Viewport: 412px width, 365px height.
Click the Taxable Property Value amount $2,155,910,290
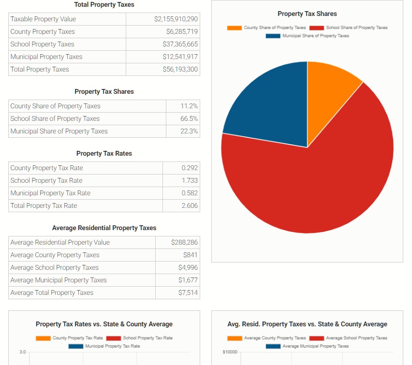point(176,19)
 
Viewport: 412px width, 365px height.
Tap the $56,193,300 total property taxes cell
point(180,69)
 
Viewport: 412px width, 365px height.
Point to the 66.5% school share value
point(189,118)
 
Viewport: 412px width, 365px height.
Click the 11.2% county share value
point(189,106)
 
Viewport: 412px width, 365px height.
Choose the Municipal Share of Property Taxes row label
point(59,131)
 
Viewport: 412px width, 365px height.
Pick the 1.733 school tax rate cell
point(190,180)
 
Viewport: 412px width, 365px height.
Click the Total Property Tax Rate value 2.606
point(190,205)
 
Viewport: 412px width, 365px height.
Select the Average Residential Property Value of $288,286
point(184,242)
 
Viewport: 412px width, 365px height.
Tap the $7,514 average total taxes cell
point(188,292)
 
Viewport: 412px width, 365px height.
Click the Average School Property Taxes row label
point(55,267)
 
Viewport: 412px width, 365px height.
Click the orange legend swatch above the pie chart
point(235,28)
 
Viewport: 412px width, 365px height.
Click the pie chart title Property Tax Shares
point(307,14)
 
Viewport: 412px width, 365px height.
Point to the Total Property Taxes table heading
point(104,4)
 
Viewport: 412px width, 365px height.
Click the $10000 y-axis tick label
point(230,351)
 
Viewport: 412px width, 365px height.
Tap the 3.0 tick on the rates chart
point(23,351)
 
